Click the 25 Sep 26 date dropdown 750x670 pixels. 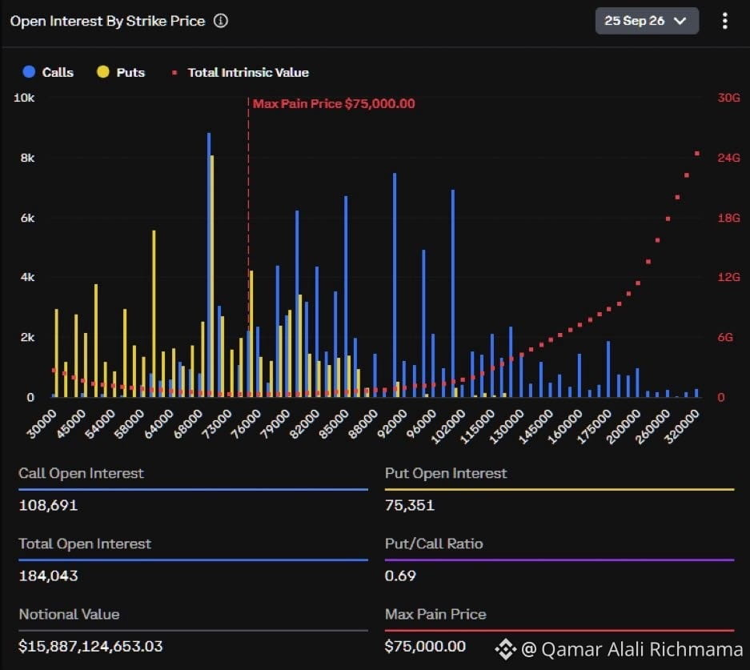tap(647, 21)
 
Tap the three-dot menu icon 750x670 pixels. tap(725, 21)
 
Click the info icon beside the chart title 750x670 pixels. tap(220, 21)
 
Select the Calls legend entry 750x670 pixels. tap(48, 72)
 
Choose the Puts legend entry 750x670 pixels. tap(121, 72)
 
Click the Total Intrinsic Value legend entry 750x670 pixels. tap(241, 72)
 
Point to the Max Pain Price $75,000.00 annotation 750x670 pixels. tap(334, 104)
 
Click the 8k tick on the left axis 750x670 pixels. tap(27, 158)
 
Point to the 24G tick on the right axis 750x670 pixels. tap(728, 158)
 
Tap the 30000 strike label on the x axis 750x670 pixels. tap(42, 423)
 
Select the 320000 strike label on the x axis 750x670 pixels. tap(682, 427)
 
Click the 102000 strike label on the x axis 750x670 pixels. tap(448, 427)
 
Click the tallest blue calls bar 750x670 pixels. tap(209, 265)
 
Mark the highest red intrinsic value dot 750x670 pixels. tap(697, 154)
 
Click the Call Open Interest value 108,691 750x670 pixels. tap(48, 505)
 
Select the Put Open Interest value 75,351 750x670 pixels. tap(410, 505)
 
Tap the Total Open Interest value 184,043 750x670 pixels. tap(48, 576)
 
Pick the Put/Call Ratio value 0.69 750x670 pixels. tap(400, 576)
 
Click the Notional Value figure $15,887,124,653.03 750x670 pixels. tap(91, 647)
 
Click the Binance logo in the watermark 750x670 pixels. tap(506, 649)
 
